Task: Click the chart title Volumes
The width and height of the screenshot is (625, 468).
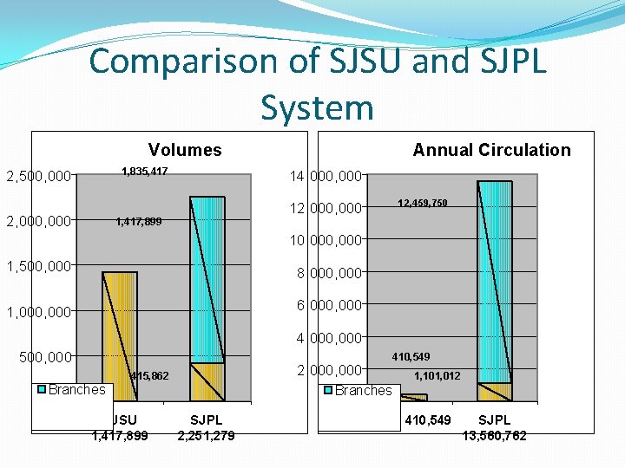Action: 185,150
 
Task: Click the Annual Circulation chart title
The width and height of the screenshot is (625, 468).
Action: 491,150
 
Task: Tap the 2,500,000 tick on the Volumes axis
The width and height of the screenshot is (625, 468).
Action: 39,177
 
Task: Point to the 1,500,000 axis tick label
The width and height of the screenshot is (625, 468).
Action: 39,266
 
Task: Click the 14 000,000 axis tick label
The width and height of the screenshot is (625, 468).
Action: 325,177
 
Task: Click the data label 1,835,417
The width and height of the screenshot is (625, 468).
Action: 144,171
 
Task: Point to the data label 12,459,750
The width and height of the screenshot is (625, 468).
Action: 423,203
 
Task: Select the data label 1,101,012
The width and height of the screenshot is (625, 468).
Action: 437,375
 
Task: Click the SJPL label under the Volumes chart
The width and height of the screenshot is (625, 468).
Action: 207,420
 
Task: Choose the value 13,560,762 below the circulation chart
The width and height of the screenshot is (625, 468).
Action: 494,435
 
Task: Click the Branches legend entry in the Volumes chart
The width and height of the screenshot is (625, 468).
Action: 76,389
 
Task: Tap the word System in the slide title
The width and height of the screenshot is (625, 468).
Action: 317,108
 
